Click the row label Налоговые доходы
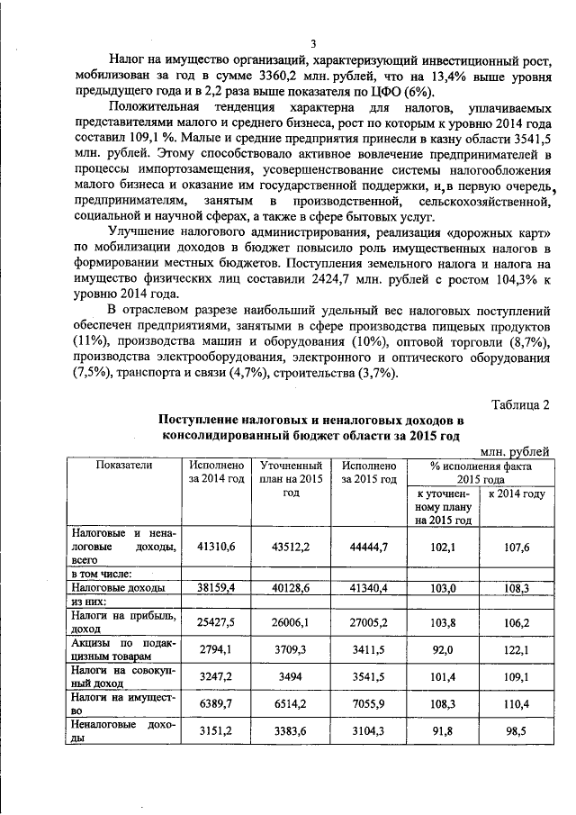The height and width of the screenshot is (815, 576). [x=118, y=587]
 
